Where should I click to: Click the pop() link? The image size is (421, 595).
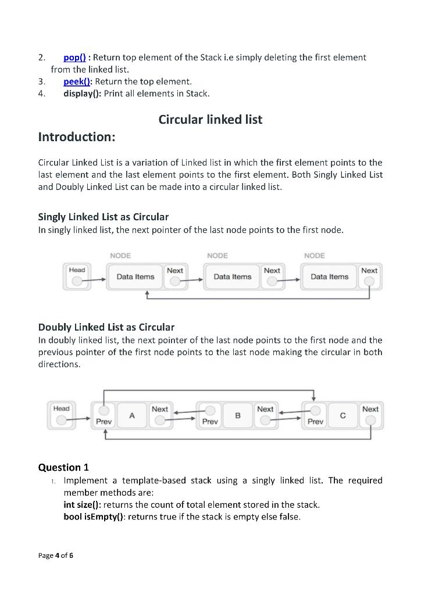(x=74, y=57)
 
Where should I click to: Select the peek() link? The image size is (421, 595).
(x=78, y=81)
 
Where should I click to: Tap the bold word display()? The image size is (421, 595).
(x=82, y=94)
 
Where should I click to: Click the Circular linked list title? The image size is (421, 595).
(x=210, y=120)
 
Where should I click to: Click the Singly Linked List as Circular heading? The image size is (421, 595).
(x=103, y=217)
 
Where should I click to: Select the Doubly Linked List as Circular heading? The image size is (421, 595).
(x=106, y=327)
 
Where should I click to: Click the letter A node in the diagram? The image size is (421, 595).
(x=132, y=415)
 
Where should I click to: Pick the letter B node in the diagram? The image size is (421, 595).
(x=238, y=415)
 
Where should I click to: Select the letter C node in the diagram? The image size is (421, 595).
(x=343, y=415)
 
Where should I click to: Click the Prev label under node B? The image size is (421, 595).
(x=209, y=422)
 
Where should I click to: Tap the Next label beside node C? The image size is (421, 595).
(x=370, y=409)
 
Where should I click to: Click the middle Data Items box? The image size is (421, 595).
(x=233, y=277)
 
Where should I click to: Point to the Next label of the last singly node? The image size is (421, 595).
(x=369, y=271)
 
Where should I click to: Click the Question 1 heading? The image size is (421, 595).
(x=63, y=467)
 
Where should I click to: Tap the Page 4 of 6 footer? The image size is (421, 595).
(x=56, y=555)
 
